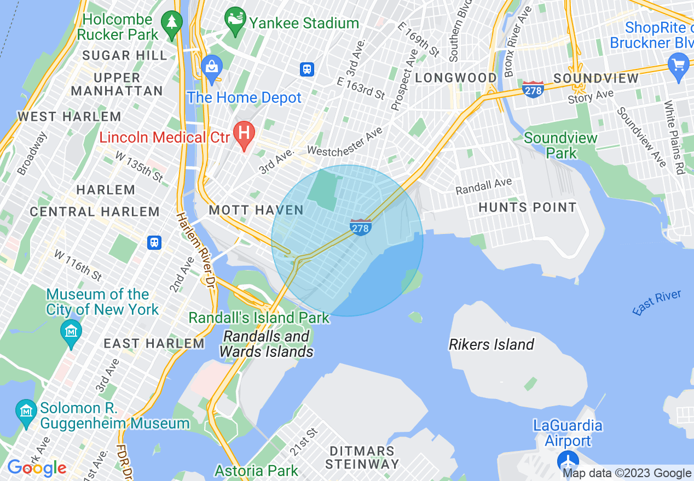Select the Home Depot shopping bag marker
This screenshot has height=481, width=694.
point(211,68)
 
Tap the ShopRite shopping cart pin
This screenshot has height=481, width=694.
point(679,65)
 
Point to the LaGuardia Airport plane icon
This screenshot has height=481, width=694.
point(569,461)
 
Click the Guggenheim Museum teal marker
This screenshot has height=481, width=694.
point(26,410)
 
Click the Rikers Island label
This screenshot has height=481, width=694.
point(491,344)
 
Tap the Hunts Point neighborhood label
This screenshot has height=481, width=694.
point(528,207)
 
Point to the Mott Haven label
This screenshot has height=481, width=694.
point(256,210)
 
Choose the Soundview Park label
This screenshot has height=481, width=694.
point(560,145)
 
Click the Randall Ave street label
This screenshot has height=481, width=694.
point(484,186)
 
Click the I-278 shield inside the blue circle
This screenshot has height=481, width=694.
point(361,227)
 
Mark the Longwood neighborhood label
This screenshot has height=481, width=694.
point(456,78)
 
